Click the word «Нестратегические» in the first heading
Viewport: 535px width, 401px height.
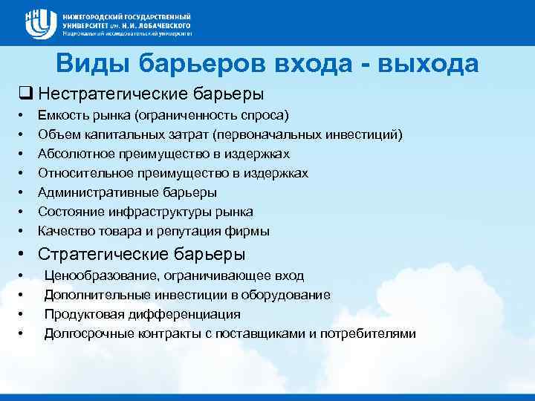tap(103, 94)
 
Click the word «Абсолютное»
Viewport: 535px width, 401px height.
tap(73, 154)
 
